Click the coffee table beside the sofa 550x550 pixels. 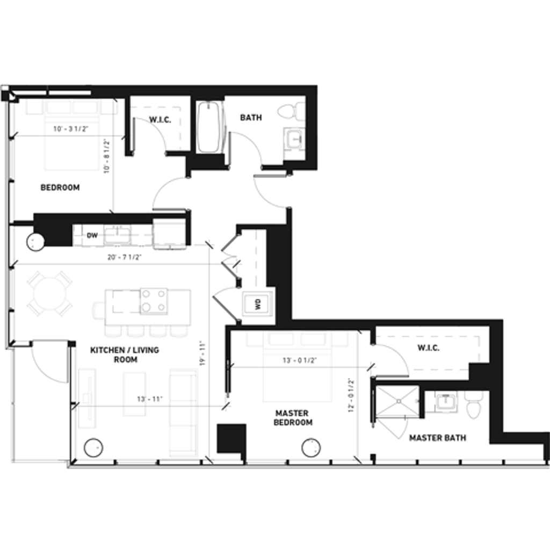(134, 394)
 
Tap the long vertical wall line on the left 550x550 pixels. (7, 226)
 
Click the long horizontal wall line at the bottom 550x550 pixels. (306, 467)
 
